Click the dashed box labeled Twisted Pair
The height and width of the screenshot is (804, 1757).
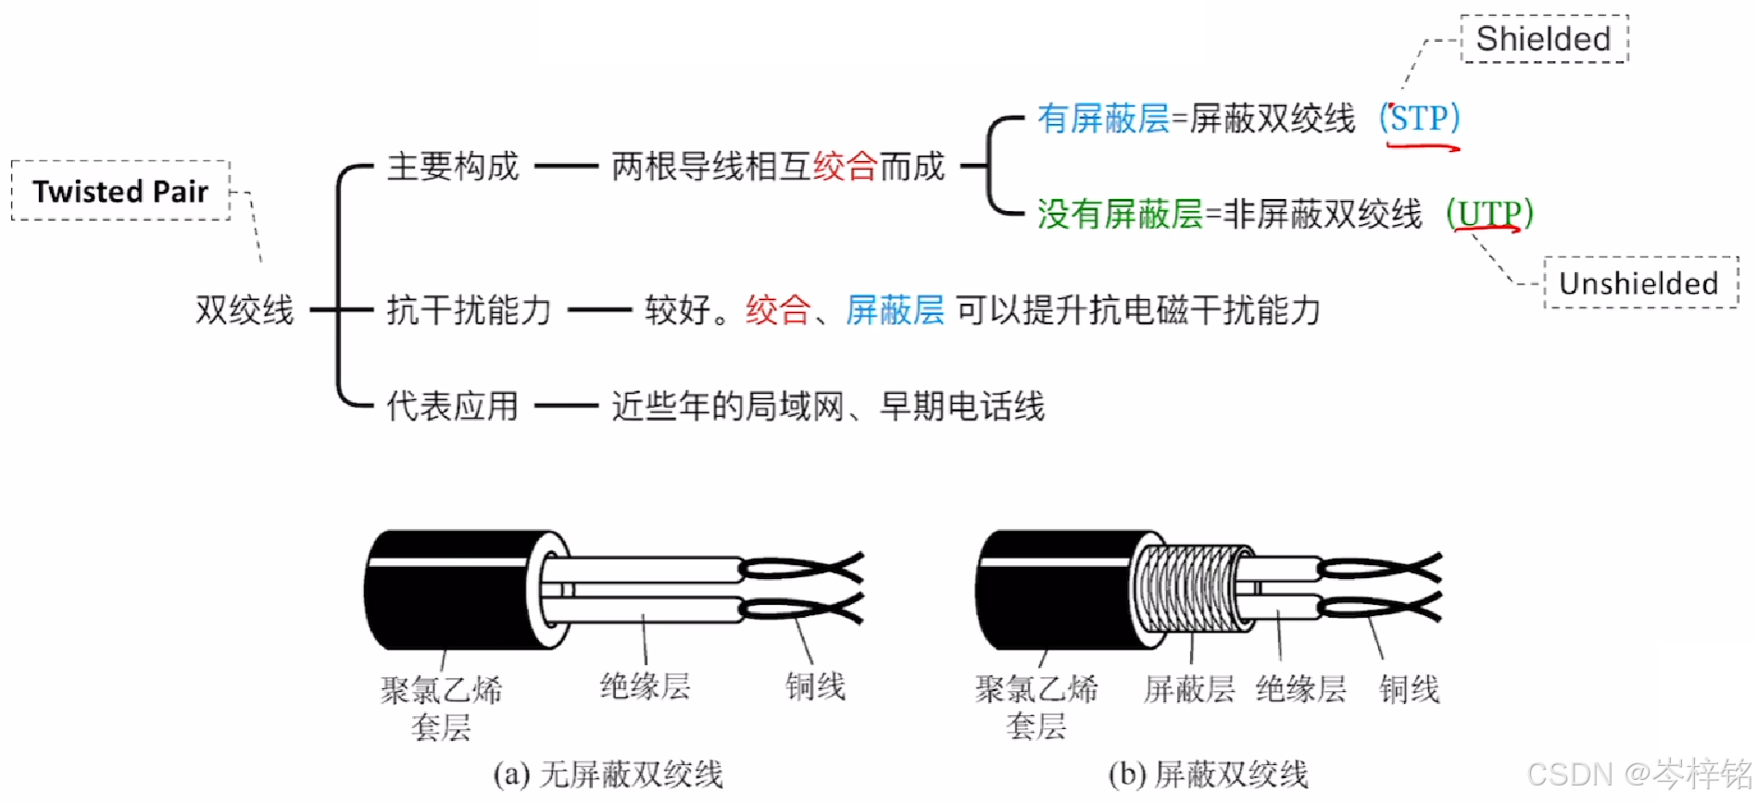coord(120,191)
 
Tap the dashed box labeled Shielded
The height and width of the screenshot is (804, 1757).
coord(1544,39)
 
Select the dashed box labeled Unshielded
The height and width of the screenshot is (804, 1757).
coord(1639,283)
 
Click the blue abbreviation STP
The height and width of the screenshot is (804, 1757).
coord(1419,119)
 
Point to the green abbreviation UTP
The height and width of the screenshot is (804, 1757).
coord(1489,214)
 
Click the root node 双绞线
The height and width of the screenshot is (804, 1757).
coord(245,309)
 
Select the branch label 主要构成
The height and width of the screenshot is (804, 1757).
coord(453,167)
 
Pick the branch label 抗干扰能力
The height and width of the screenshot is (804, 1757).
coord(469,309)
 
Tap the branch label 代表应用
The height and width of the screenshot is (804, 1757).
coord(452,406)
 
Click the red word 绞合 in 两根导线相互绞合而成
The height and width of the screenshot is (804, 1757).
coord(845,167)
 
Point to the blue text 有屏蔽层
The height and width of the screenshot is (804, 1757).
coord(1103,119)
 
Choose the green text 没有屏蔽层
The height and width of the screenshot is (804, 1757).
coord(1120,214)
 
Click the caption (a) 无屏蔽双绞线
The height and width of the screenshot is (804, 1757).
coord(608,774)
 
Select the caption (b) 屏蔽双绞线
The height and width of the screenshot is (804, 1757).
coord(1208,774)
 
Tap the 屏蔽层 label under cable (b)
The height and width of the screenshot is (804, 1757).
coord(1189,689)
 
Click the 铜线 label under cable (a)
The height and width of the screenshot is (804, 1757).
coord(815,686)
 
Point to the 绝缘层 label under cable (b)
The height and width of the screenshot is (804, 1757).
coord(1301,689)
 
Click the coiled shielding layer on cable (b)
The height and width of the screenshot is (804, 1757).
coord(1190,587)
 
